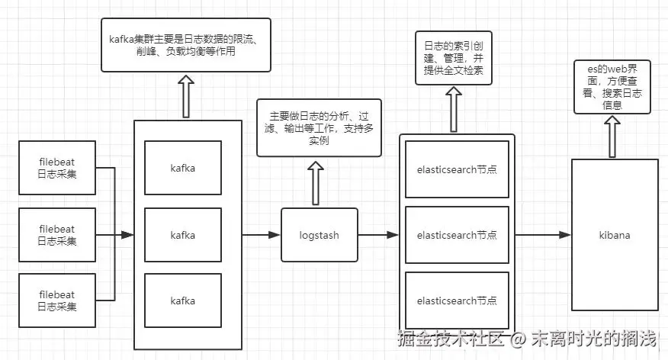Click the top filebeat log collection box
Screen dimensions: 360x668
(x=58, y=168)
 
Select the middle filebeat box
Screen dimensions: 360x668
(x=58, y=234)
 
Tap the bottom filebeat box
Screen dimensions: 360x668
(x=58, y=301)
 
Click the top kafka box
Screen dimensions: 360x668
(x=182, y=168)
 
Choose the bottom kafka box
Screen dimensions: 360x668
(x=182, y=301)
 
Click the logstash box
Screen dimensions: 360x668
(x=319, y=235)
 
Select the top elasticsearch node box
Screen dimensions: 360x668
(x=457, y=169)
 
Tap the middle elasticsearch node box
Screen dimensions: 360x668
(x=457, y=235)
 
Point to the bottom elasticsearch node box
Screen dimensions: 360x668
(x=457, y=301)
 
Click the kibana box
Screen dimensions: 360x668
(x=614, y=236)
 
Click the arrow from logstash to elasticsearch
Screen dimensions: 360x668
(x=378, y=235)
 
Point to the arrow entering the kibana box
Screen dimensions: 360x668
(x=543, y=235)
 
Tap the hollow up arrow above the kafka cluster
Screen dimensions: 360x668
(x=184, y=96)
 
